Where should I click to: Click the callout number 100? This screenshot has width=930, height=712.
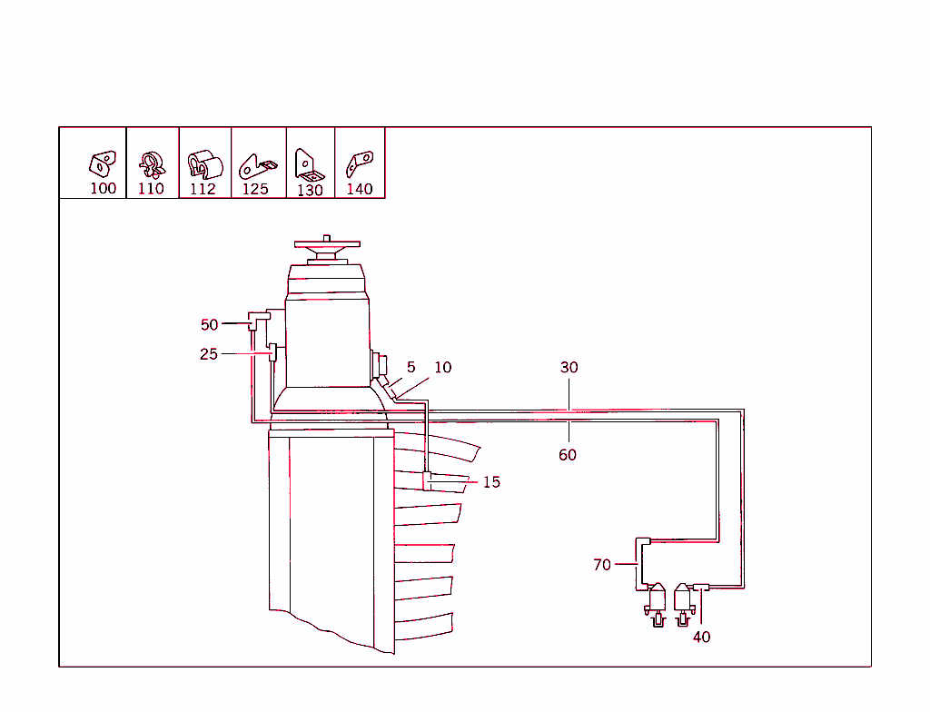104,189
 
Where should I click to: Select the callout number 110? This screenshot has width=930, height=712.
151,189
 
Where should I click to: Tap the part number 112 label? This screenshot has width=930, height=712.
203,189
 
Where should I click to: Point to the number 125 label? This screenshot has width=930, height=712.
255,189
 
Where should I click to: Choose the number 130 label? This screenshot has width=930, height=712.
310,190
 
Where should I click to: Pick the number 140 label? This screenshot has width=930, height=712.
360,189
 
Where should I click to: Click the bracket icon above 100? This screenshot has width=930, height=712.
102,163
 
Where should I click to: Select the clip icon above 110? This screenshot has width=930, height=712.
152,163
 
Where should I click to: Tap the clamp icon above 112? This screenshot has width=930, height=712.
204,165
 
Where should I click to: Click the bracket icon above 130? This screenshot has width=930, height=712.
309,166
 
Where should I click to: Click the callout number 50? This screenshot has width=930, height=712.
210,324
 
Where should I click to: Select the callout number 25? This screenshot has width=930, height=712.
209,354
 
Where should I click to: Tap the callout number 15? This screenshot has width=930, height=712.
491,482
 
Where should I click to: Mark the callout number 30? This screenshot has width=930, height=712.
569,368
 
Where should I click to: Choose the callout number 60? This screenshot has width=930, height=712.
568,455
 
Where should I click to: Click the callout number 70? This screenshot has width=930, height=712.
602,565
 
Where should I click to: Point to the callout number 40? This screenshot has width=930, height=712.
702,638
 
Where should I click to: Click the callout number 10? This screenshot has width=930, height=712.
442,368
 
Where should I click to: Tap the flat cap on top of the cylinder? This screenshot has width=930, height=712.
327,244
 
